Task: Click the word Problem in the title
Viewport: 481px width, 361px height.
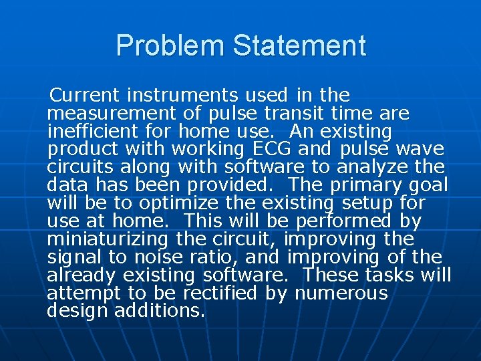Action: (x=170, y=45)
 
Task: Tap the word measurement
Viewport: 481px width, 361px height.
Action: (x=106, y=113)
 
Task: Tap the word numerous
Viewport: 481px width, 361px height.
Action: (x=341, y=293)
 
